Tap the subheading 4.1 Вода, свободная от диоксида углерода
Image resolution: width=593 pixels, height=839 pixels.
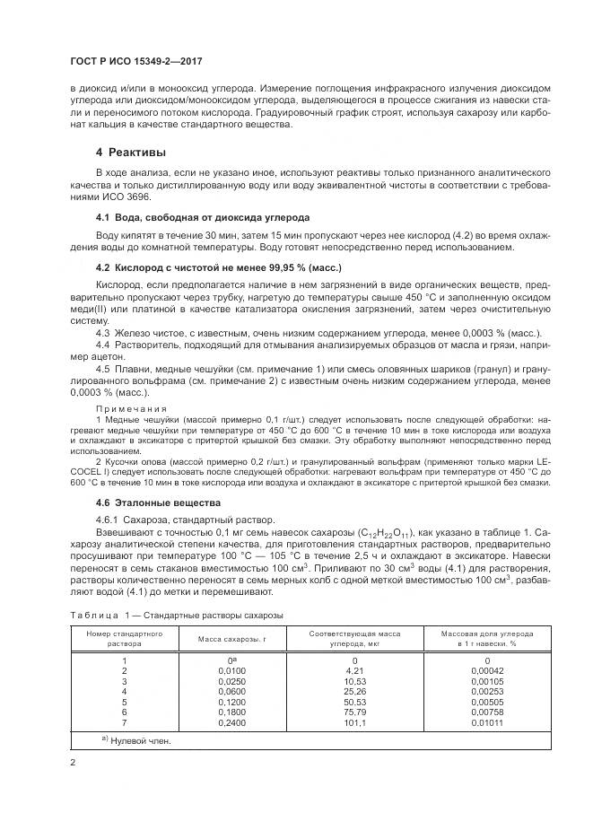202,218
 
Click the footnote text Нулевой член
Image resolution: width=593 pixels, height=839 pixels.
141,742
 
